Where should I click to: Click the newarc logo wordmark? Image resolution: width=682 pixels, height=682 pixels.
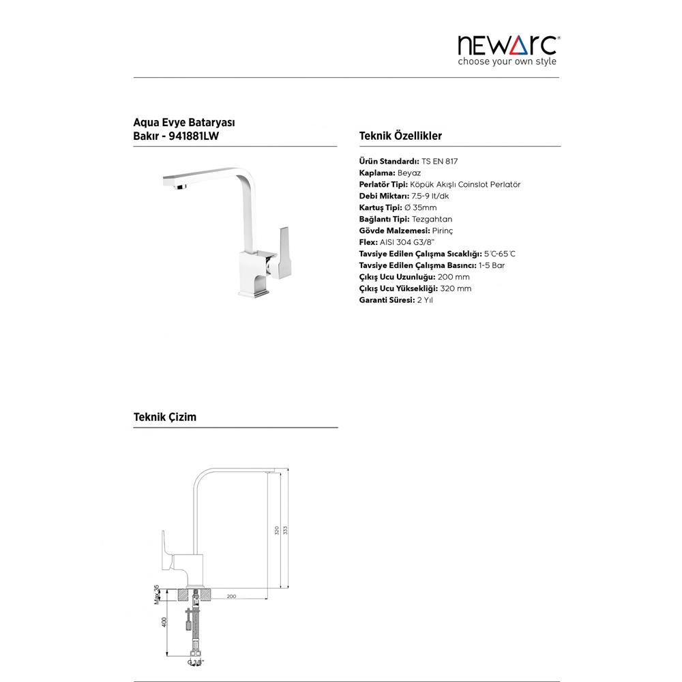[x=509, y=45]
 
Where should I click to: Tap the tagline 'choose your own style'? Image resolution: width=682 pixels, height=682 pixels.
[x=507, y=61]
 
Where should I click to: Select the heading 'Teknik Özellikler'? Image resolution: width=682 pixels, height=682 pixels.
[x=400, y=136]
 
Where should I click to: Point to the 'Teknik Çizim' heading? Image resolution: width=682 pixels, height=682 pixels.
[x=164, y=417]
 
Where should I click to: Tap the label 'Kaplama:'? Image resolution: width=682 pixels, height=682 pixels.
[x=376, y=173]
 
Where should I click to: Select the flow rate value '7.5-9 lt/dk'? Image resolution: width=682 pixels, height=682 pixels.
[x=445, y=196]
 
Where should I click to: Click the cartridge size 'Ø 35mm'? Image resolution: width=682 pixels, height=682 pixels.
[x=421, y=208]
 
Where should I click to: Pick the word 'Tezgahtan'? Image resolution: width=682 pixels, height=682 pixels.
[x=432, y=220]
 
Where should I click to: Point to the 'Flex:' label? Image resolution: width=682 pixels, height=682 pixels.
[x=368, y=242]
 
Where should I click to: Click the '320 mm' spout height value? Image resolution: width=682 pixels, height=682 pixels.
[x=456, y=288]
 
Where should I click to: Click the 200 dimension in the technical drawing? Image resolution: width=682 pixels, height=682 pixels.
[x=231, y=597]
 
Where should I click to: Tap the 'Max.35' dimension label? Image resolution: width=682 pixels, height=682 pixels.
[x=157, y=594]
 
